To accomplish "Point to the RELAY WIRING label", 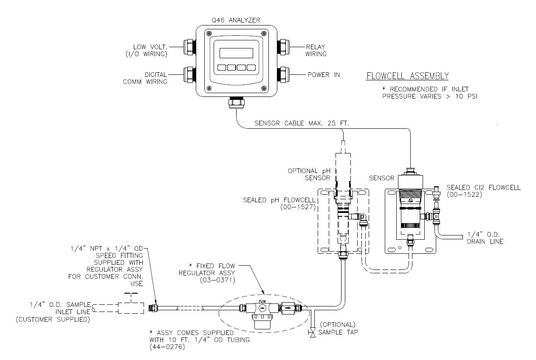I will click(x=316, y=51).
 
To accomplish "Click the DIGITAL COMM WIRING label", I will click(x=155, y=78).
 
